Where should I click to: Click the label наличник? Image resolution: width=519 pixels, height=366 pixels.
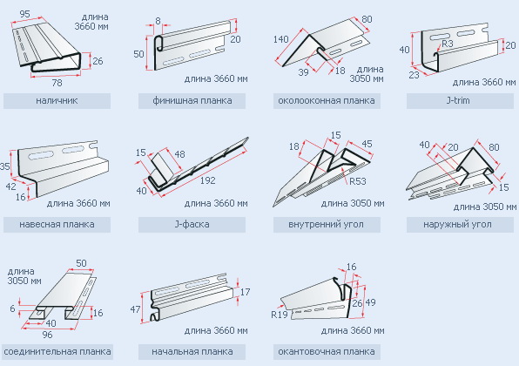tap(57, 100)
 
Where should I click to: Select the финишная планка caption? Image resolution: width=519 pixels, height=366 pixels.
tap(192, 100)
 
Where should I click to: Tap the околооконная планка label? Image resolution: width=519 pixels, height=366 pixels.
tap(327, 100)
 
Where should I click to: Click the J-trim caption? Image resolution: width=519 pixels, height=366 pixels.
tap(458, 100)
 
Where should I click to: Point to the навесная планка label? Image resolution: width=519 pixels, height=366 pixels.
tap(57, 224)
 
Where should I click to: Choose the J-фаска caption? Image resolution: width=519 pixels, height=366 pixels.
tap(192, 224)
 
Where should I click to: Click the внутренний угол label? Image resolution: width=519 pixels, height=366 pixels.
tap(326, 224)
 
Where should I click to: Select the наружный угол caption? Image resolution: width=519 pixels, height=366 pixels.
tap(457, 224)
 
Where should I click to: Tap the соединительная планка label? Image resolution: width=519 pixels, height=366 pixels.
tap(57, 351)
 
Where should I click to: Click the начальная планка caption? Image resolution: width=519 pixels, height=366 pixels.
tap(192, 351)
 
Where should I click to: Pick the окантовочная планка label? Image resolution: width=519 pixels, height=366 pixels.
tap(327, 351)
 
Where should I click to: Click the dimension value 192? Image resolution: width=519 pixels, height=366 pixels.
tap(207, 180)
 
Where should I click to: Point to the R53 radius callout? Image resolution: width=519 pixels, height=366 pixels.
tap(358, 181)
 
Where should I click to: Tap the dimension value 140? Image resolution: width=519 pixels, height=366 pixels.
tap(281, 39)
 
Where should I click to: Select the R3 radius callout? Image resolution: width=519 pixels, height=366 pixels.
tap(448, 44)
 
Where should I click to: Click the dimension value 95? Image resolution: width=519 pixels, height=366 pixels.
tap(25, 14)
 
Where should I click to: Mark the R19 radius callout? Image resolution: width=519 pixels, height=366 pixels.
tap(280, 315)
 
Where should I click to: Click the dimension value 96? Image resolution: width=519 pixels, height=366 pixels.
tap(47, 335)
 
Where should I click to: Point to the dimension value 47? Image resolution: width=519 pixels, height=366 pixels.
tap(135, 309)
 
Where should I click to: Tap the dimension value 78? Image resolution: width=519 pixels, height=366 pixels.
tap(57, 83)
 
